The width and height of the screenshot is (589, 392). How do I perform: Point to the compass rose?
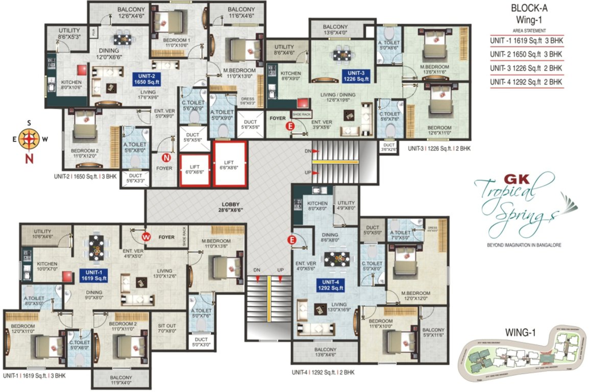[x=29, y=138]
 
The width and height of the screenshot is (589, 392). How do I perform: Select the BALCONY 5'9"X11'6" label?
[x=433, y=333]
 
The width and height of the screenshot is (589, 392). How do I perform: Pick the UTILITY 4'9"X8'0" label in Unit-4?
[x=346, y=205]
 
